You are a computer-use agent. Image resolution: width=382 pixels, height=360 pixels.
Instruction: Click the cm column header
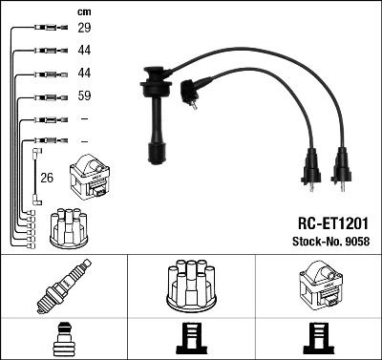[83, 11]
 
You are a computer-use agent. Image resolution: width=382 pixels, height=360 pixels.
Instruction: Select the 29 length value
[84, 29]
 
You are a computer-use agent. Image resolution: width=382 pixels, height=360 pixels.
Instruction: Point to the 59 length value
[84, 95]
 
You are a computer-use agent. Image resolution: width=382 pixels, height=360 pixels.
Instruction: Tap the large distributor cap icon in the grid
[190, 287]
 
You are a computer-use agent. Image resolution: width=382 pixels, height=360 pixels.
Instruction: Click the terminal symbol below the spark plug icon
[63, 340]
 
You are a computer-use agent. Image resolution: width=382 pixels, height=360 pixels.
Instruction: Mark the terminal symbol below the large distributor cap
[190, 340]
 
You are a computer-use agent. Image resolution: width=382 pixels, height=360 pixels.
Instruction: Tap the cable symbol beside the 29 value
[48, 29]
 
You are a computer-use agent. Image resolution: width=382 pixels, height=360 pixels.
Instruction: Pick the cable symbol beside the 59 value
[48, 95]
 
